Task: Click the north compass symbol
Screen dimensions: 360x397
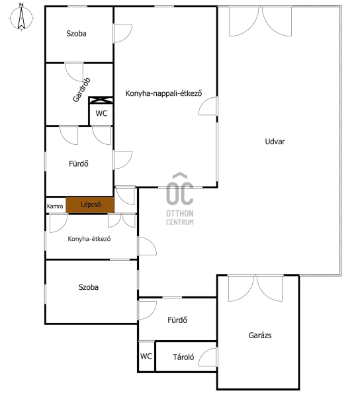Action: (22, 17)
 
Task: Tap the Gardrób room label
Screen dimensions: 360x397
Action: (81, 89)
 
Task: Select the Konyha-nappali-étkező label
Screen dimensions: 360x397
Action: (164, 93)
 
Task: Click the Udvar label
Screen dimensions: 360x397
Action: (275, 142)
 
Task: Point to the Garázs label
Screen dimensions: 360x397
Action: (260, 335)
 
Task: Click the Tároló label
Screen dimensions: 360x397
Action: (183, 357)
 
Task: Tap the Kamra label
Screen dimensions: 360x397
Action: (55, 206)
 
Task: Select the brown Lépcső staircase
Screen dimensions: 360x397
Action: (90, 204)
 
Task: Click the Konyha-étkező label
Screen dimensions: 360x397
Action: (89, 239)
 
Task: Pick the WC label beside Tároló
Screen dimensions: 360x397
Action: (146, 356)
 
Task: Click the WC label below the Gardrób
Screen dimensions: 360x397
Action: (101, 113)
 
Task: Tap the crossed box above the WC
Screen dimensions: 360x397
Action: (101, 100)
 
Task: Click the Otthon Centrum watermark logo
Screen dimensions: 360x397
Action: (180, 198)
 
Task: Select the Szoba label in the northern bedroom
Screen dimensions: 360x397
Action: (76, 34)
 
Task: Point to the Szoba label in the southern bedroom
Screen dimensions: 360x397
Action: (89, 287)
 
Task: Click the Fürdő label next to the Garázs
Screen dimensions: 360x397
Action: (177, 320)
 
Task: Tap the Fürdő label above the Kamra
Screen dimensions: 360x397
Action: (79, 163)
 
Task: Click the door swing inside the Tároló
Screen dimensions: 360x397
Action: (208, 357)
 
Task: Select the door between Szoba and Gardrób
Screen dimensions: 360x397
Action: (74, 72)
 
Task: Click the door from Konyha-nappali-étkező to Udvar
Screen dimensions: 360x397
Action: (208, 106)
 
